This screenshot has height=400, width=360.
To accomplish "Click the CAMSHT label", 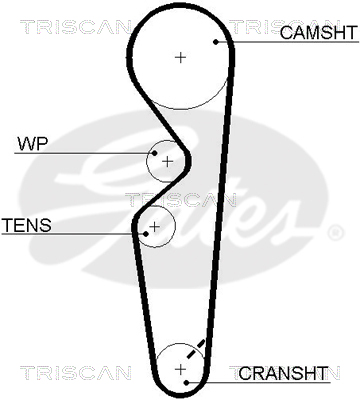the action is [x=319, y=32].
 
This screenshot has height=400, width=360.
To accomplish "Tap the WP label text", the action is [x=33, y=144].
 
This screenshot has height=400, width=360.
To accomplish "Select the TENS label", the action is [x=27, y=225].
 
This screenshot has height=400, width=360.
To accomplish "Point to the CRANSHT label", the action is [x=283, y=373].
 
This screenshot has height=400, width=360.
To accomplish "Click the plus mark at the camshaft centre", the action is [x=180, y=58].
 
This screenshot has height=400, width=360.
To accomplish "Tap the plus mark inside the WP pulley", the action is [x=167, y=162].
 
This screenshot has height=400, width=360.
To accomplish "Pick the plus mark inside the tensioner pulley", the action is [x=154, y=227].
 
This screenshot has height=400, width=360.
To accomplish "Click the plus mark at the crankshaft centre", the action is [x=180, y=369].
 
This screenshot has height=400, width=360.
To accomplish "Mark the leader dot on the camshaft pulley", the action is [x=216, y=42].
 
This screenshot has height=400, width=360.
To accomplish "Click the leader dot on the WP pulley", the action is [x=154, y=153].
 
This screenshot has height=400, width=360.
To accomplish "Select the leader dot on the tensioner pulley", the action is [x=146, y=234].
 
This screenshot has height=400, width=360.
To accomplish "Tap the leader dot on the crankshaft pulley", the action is [x=187, y=382].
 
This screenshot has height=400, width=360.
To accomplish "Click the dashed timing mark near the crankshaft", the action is [x=196, y=349].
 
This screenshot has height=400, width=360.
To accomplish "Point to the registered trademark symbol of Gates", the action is [x=335, y=233].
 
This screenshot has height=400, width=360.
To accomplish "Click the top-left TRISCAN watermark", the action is [x=76, y=27].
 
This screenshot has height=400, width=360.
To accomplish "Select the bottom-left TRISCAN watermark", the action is [x=76, y=373].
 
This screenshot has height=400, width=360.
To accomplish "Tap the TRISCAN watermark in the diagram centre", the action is [x=181, y=200].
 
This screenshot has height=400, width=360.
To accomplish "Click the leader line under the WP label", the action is [x=84, y=153].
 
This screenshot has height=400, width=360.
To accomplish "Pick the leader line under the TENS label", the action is [x=74, y=234].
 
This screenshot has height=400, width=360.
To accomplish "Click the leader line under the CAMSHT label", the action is [x=287, y=42].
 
